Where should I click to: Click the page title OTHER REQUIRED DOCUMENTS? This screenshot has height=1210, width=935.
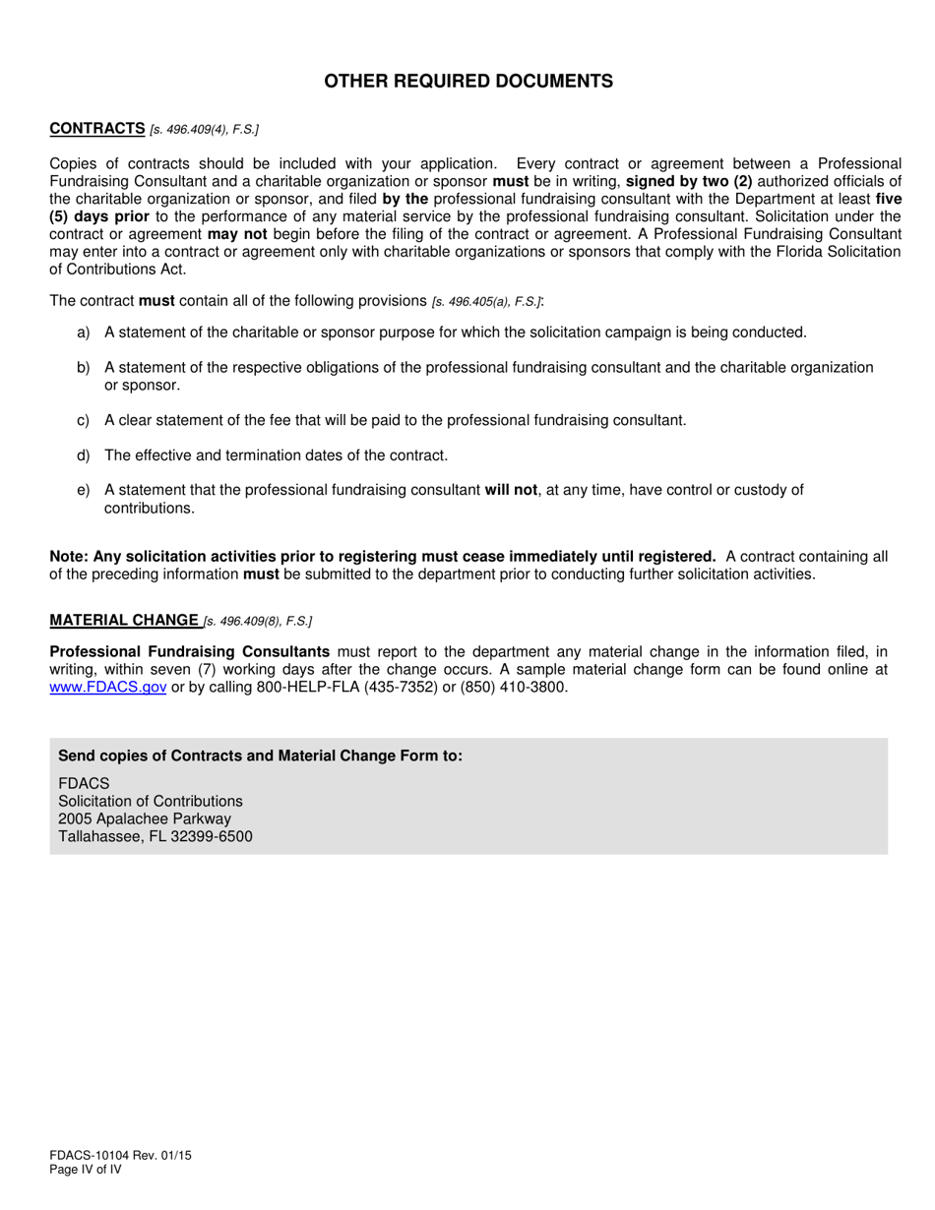[x=468, y=82]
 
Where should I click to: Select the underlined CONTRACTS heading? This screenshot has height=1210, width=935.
[x=97, y=129]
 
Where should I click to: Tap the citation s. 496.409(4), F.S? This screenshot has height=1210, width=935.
[x=204, y=130]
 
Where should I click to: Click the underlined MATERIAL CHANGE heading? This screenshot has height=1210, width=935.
[x=124, y=620]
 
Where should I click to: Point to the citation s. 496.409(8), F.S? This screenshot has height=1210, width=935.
[x=258, y=621]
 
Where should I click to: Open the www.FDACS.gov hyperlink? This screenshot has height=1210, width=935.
[x=108, y=688]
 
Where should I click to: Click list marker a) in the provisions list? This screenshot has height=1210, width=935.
[x=83, y=333]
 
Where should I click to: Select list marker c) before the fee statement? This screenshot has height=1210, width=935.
[x=83, y=420]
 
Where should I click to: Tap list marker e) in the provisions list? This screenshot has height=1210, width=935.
[x=83, y=490]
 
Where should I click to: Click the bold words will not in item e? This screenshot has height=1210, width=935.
[x=511, y=490]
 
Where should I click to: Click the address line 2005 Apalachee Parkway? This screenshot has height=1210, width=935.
[x=145, y=818]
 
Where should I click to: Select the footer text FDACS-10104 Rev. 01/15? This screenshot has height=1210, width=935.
[x=120, y=1156]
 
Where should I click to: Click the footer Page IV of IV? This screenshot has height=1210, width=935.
[x=86, y=1170]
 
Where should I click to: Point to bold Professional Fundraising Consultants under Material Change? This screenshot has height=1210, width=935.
[x=190, y=651]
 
